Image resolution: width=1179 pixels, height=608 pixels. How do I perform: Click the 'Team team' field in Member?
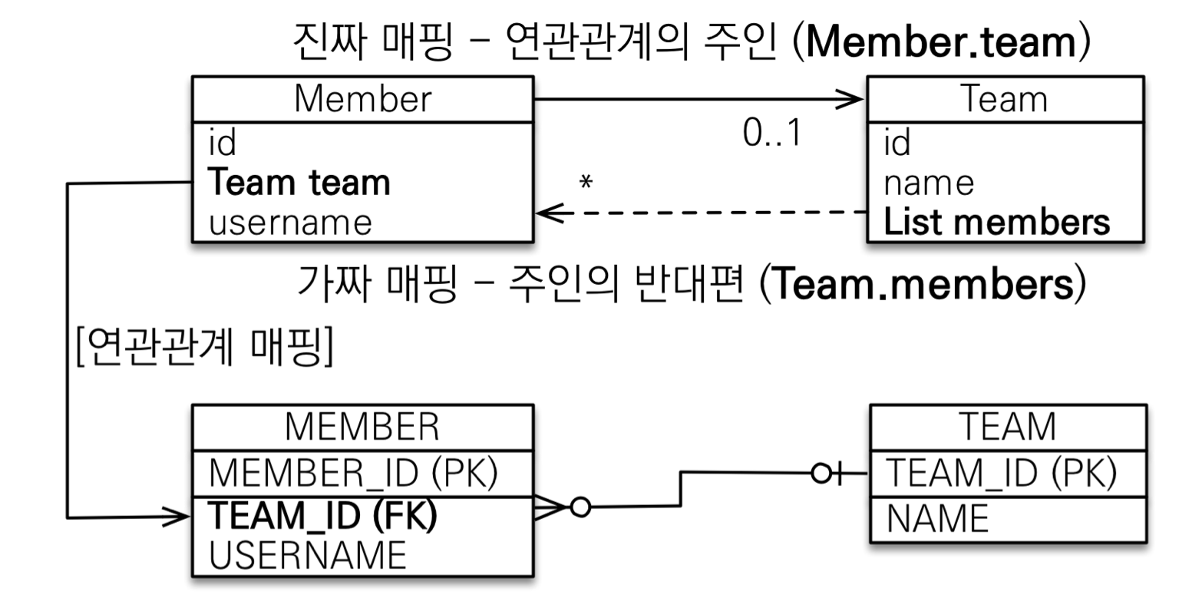click(x=299, y=183)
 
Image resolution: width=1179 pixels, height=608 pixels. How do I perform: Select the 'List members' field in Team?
click(x=996, y=222)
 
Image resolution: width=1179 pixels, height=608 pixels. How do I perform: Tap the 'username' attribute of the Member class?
click(x=290, y=223)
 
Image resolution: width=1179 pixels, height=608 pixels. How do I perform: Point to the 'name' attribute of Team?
click(x=928, y=183)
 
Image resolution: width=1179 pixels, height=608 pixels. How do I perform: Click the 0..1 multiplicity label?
click(x=771, y=134)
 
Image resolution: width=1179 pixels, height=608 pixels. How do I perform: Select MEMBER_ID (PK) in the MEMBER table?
click(x=354, y=473)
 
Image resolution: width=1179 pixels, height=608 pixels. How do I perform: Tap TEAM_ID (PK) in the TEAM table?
click(x=1000, y=472)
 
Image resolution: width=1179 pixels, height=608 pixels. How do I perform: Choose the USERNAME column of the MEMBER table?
click(x=307, y=555)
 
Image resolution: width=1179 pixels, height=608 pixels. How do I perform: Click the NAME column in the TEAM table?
click(x=937, y=518)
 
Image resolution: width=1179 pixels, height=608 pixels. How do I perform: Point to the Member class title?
click(x=362, y=98)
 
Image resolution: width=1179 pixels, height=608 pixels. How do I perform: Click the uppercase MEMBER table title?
click(x=362, y=427)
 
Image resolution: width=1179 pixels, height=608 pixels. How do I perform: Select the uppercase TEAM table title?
click(x=1008, y=427)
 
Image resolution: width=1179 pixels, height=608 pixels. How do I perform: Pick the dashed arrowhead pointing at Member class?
click(x=547, y=213)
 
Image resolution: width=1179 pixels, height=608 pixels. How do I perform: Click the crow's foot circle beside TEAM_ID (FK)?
click(x=580, y=507)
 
